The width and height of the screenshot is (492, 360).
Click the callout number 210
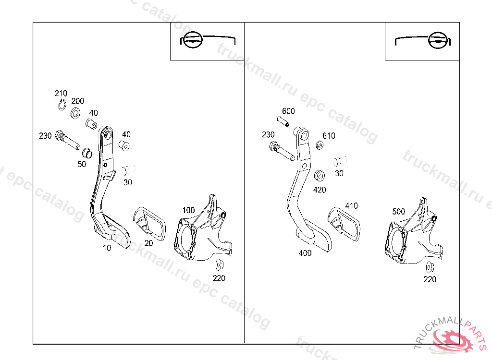coord(61,93)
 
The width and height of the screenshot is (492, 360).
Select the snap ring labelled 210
coord(62,105)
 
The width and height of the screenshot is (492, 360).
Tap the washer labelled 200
coord(75,113)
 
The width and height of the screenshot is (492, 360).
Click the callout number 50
coord(82,164)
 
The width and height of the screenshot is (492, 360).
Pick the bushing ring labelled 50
coord(87,153)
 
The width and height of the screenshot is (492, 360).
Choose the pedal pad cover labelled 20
coord(150,224)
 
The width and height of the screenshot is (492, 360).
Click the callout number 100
coord(188,210)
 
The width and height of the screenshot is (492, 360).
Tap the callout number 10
coord(107,248)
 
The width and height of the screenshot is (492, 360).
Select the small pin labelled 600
coord(283,121)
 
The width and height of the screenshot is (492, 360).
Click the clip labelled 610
coord(320,145)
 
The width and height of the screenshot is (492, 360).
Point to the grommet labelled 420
coord(320,176)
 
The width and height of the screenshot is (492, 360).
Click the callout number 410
coord(351,206)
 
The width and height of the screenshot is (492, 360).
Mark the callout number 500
coord(398,211)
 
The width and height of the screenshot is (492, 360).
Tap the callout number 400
coord(305,253)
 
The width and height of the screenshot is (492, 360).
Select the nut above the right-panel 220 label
coord(430,267)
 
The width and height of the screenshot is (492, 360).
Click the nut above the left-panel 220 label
coord(219,265)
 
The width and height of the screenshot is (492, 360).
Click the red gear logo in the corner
coord(452,340)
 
